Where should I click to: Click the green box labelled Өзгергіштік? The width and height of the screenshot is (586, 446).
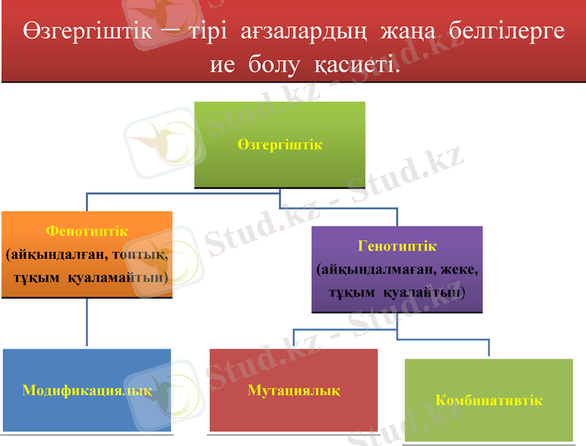[280, 144]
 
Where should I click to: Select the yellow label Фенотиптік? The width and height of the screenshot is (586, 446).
[86, 231]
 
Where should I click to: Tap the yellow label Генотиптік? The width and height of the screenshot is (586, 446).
[397, 245]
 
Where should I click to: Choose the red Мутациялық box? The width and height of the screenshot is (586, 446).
[294, 390]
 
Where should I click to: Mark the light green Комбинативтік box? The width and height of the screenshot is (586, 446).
[489, 400]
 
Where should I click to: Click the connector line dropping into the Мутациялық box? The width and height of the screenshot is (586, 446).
[294, 338]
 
